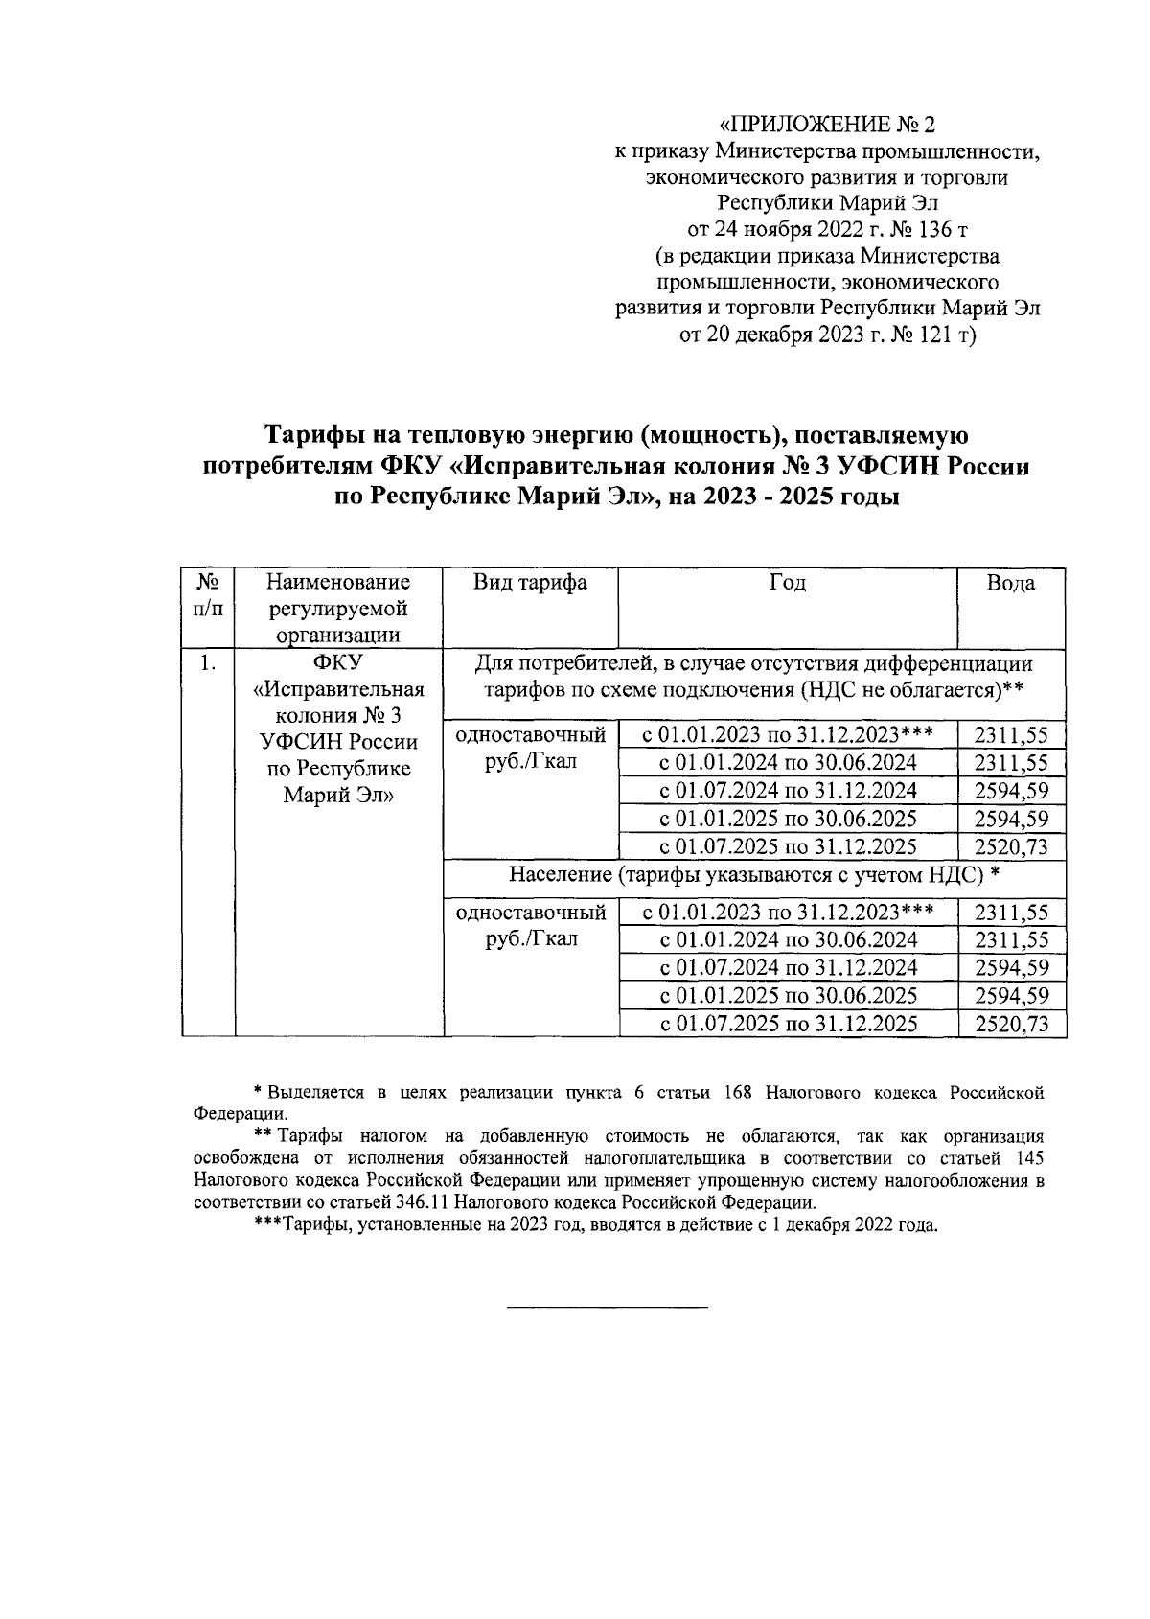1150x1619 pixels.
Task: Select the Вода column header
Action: point(1011,583)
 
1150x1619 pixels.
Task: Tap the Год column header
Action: point(788,583)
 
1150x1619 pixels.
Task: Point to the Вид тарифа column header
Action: point(530,583)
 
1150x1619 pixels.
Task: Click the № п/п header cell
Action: point(208,595)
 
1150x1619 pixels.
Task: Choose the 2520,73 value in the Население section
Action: point(1011,1024)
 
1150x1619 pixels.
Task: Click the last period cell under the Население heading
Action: point(789,1024)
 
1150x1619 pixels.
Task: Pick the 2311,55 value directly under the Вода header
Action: point(1011,736)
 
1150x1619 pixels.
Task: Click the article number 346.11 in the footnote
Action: point(420,1202)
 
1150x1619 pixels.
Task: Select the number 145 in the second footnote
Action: point(1025,1158)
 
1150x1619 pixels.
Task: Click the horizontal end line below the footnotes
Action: point(606,1307)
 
